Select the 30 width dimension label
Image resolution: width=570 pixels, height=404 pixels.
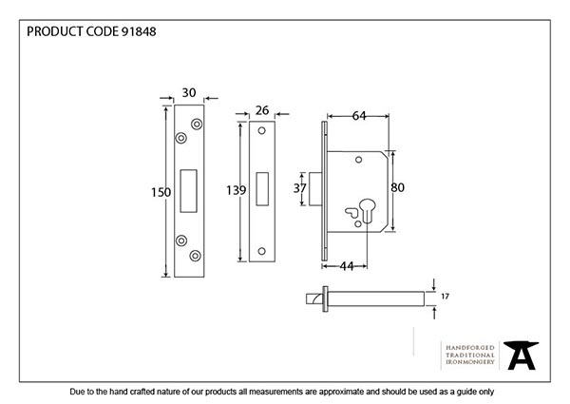click(189, 92)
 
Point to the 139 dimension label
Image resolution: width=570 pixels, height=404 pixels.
click(236, 191)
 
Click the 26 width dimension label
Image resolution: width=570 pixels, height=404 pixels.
click(262, 111)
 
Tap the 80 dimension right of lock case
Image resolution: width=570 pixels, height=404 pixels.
click(400, 187)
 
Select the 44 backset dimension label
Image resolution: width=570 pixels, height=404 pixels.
click(347, 265)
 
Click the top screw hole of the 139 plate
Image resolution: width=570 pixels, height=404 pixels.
click(262, 132)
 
